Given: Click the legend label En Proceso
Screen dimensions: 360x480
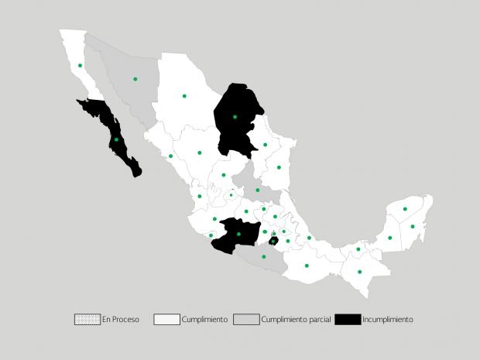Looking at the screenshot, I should click(121, 319).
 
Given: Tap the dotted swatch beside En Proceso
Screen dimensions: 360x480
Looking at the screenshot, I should click(87, 319).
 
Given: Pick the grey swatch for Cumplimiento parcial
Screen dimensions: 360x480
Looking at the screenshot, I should click(247, 319).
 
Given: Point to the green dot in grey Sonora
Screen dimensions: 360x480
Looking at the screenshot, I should click(135, 79).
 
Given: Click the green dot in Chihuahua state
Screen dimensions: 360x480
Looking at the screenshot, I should click(184, 96).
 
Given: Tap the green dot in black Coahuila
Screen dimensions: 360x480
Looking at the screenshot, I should click(235, 117).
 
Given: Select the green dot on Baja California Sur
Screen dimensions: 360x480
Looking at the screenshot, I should click(116, 139).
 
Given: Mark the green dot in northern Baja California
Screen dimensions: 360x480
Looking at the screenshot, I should click(80, 66).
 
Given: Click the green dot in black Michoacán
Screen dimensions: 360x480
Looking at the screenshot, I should click(238, 234).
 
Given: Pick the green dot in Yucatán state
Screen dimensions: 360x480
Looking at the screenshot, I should click(405, 209).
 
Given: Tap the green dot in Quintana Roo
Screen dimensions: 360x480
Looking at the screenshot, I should click(413, 226).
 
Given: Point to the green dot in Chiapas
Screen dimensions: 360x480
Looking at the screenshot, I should click(360, 272).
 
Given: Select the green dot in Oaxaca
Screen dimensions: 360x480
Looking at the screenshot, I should click(307, 266).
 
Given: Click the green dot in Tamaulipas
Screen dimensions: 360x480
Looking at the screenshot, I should click(279, 167).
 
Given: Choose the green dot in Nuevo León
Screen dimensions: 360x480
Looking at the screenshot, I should click(265, 145).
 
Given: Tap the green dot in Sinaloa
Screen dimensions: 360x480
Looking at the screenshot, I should click(171, 156).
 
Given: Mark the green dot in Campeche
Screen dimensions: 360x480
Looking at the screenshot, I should click(389, 238).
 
